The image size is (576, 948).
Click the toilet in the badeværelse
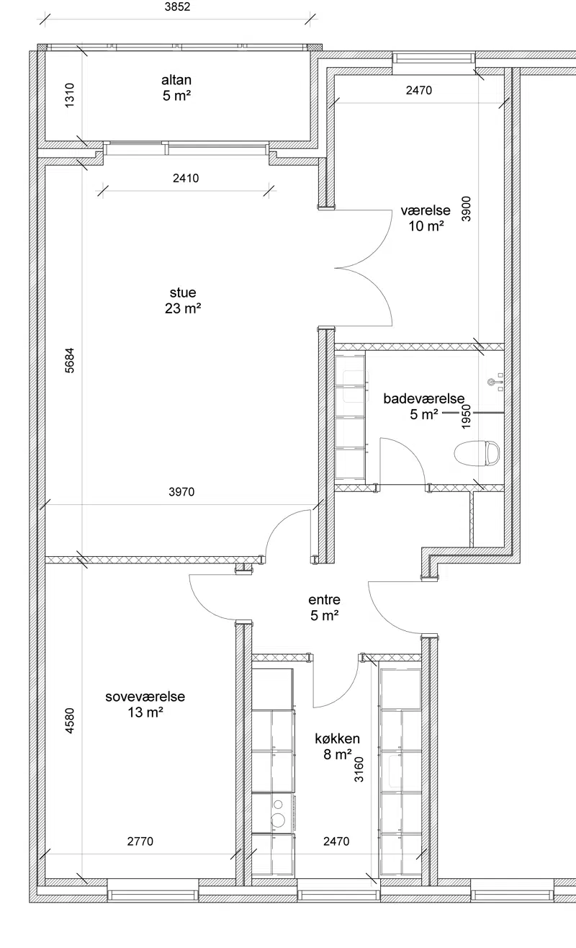pyautogui.click(x=477, y=453)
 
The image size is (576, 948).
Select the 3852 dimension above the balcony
pyautogui.click(x=178, y=6)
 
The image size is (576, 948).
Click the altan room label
pyautogui.click(x=176, y=80)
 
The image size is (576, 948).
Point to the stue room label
pyautogui.click(x=183, y=292)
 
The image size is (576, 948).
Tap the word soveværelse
pyautogui.click(x=145, y=697)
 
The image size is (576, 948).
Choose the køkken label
pyautogui.click(x=337, y=738)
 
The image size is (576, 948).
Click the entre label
pyautogui.click(x=324, y=599)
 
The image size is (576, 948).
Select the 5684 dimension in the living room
pyautogui.click(x=70, y=360)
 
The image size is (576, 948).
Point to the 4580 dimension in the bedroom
pyautogui.click(x=70, y=721)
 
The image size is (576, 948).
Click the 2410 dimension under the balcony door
pyautogui.click(x=186, y=178)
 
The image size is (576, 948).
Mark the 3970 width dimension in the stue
pyautogui.click(x=181, y=492)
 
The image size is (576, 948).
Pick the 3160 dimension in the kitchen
pyautogui.click(x=359, y=769)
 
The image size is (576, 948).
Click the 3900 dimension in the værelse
pyautogui.click(x=466, y=209)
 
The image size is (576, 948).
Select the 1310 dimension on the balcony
pyautogui.click(x=70, y=95)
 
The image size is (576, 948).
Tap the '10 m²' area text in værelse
pyautogui.click(x=426, y=226)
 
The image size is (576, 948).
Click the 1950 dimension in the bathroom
pyautogui.click(x=466, y=417)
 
